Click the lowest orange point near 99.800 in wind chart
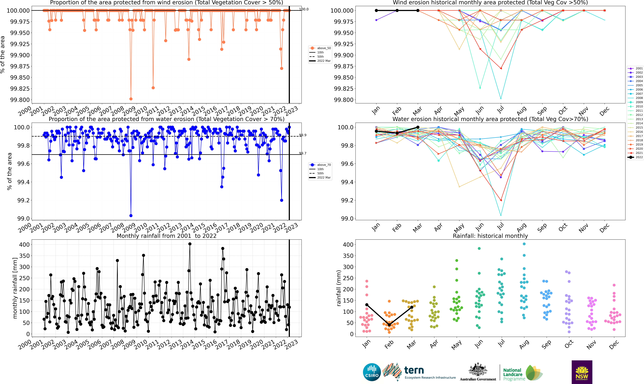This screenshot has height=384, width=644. pyautogui.click(x=131, y=99)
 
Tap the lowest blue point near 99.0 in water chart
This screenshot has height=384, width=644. pyautogui.click(x=131, y=216)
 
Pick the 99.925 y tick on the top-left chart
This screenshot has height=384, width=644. pyautogui.click(x=20, y=44)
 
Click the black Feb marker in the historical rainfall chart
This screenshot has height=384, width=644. pyautogui.click(x=389, y=325)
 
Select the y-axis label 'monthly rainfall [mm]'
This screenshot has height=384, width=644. pyautogui.click(x=15, y=288)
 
